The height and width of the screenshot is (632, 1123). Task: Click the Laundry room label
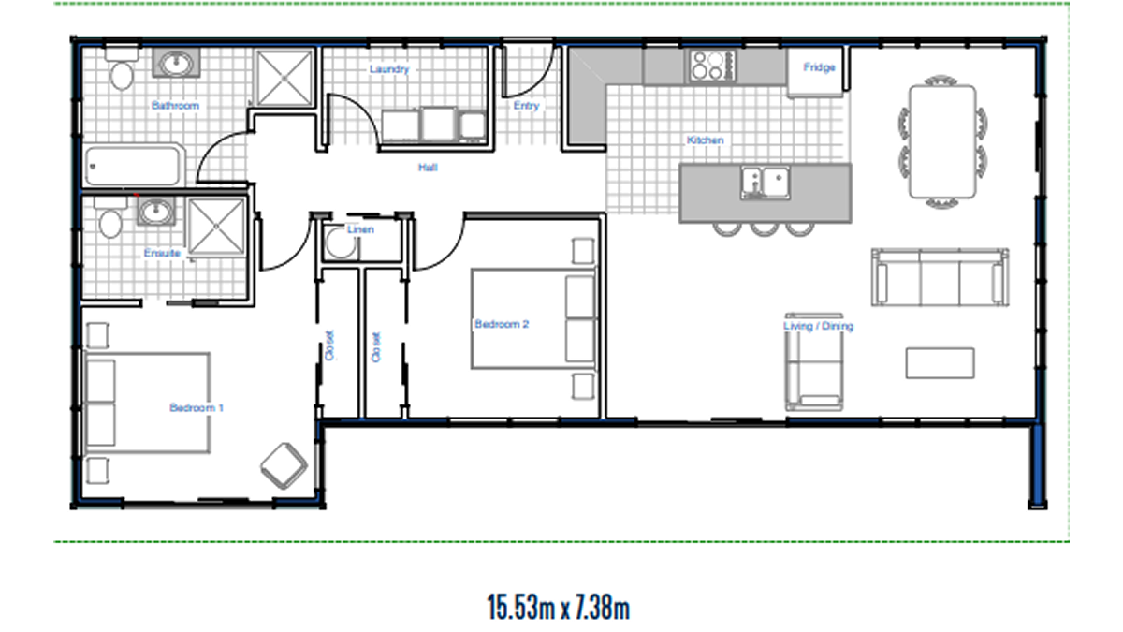click(389, 69)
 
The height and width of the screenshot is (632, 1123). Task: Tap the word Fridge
click(819, 67)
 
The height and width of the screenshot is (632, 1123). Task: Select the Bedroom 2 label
click(502, 324)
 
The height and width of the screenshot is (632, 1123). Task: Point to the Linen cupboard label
click(360, 229)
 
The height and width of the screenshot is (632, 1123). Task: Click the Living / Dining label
click(818, 326)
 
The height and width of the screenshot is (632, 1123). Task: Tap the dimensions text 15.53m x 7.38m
click(559, 608)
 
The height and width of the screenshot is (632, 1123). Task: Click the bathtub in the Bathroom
click(133, 165)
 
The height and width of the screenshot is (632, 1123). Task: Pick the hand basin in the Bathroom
click(176, 64)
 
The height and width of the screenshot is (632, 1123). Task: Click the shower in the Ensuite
click(216, 227)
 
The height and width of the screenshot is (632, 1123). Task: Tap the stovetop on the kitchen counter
click(712, 66)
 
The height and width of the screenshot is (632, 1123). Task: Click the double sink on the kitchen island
click(766, 183)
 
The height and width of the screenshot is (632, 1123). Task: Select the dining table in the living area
click(942, 142)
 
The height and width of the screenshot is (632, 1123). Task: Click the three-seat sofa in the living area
click(940, 277)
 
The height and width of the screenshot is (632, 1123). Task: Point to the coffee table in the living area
click(940, 363)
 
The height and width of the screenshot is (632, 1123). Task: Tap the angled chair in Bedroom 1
click(284, 466)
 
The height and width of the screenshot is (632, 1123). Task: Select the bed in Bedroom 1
click(148, 404)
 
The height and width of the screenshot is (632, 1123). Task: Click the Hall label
click(428, 168)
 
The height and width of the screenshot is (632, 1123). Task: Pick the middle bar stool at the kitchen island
click(764, 229)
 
